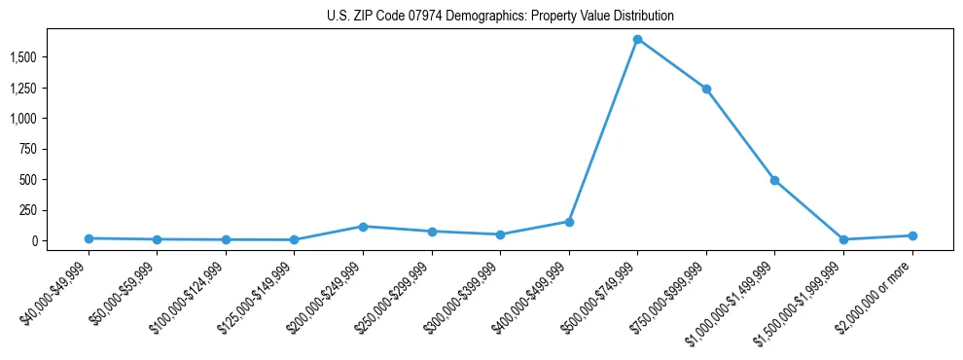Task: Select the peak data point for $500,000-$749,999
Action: (637, 40)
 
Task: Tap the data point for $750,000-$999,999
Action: (706, 89)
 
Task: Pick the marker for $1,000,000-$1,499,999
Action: (774, 180)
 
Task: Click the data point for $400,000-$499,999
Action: (569, 222)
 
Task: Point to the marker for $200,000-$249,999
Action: (363, 227)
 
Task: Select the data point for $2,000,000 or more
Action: (911, 235)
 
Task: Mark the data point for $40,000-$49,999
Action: (89, 238)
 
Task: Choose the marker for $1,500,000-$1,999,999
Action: (843, 239)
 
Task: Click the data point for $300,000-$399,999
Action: (500, 234)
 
